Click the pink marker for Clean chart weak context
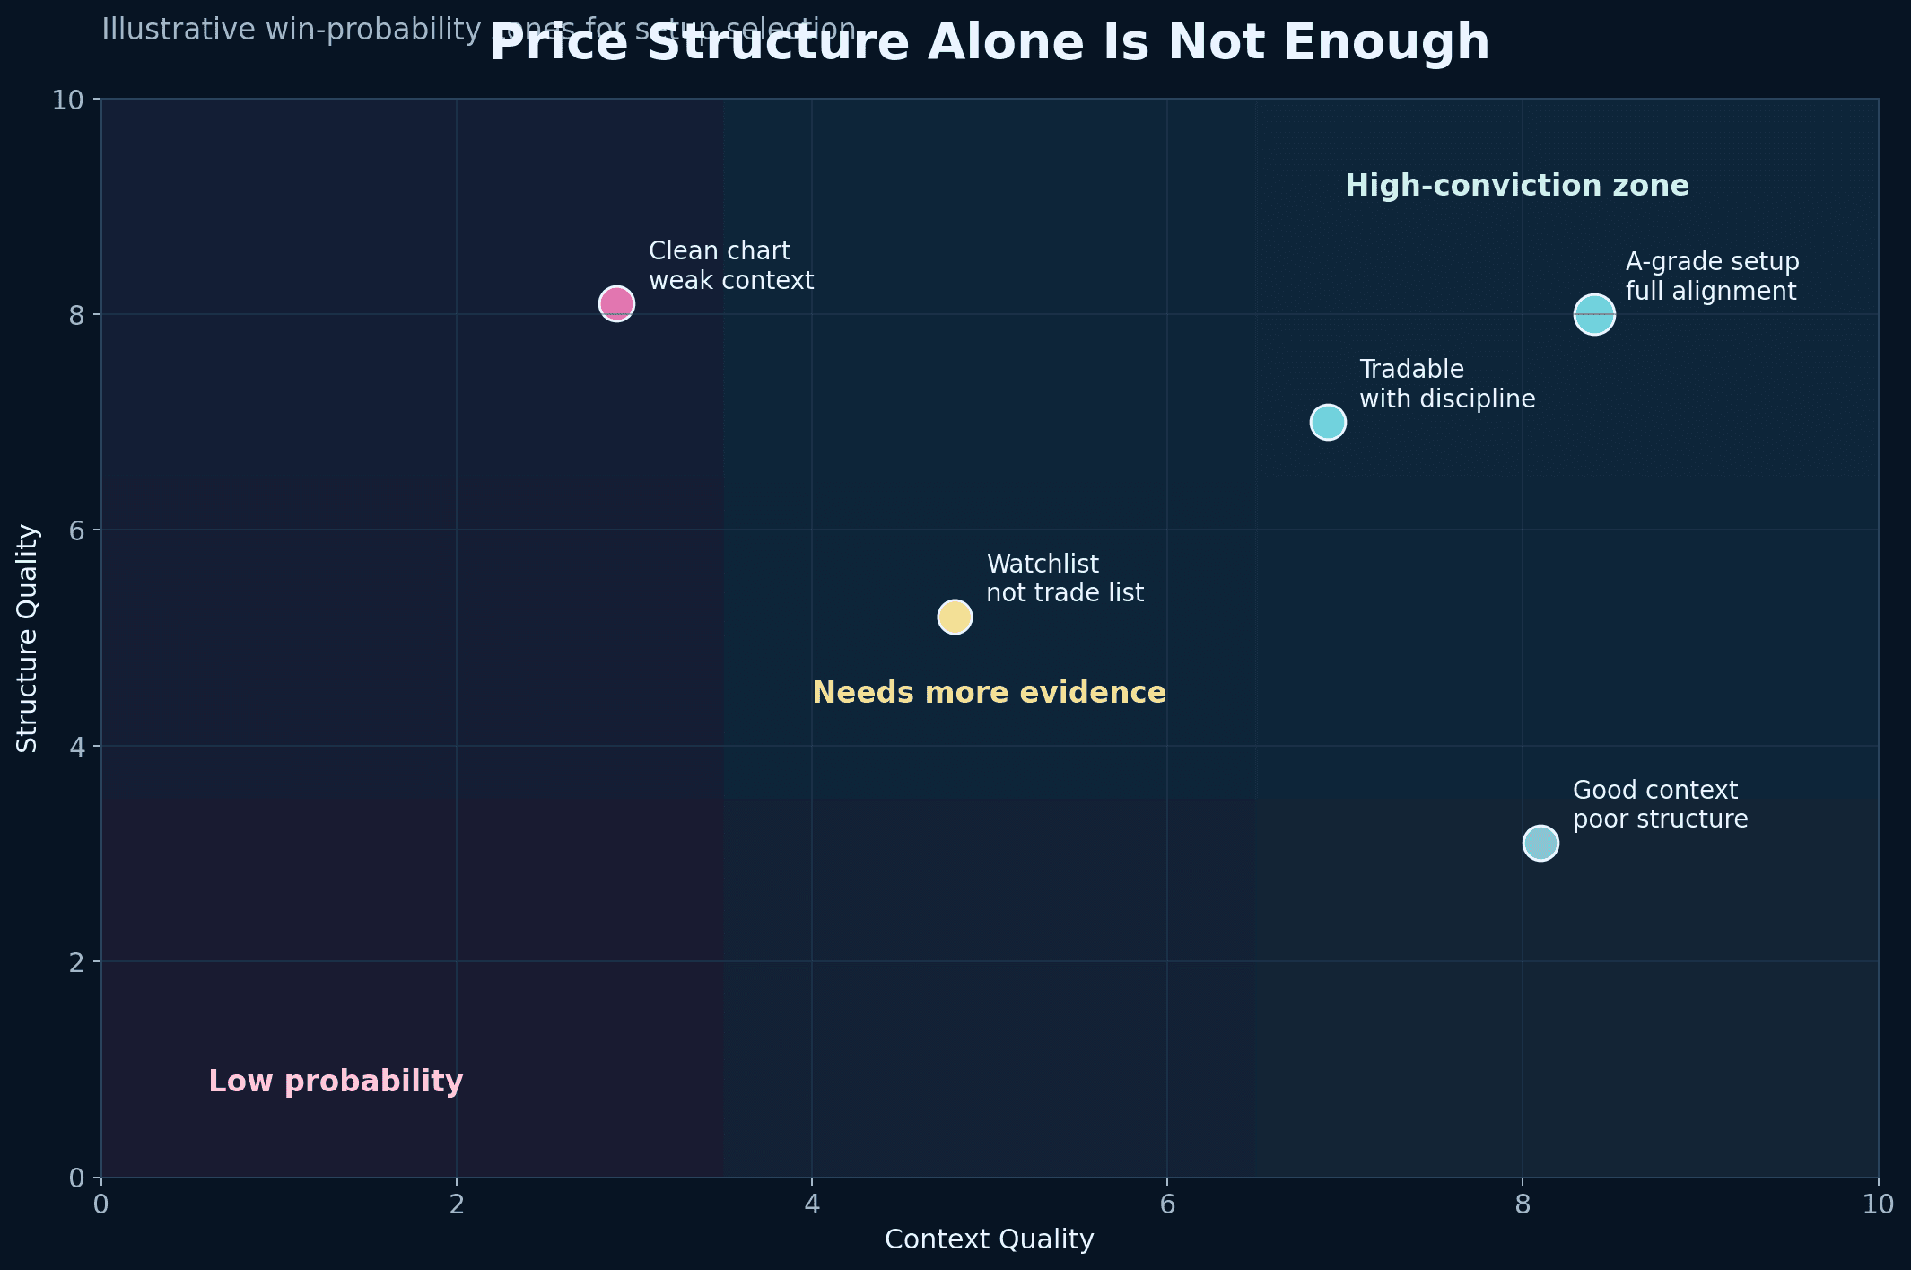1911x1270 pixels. point(616,304)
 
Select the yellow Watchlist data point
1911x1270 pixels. point(955,617)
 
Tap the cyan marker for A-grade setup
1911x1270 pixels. point(1593,315)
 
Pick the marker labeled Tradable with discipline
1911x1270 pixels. point(1328,422)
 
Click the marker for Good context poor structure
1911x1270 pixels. point(1540,844)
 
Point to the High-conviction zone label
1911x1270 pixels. point(1516,187)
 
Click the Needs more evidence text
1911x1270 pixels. point(989,693)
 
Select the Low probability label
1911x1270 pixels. point(336,1082)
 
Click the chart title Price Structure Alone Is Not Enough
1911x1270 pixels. point(989,43)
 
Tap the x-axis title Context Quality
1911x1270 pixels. point(989,1239)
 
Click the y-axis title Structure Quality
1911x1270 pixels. point(28,638)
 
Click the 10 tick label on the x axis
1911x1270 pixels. point(1877,1204)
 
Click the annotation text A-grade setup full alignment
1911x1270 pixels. point(1712,276)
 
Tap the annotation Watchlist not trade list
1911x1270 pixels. point(1065,579)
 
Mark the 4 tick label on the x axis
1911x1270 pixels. point(811,1204)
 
